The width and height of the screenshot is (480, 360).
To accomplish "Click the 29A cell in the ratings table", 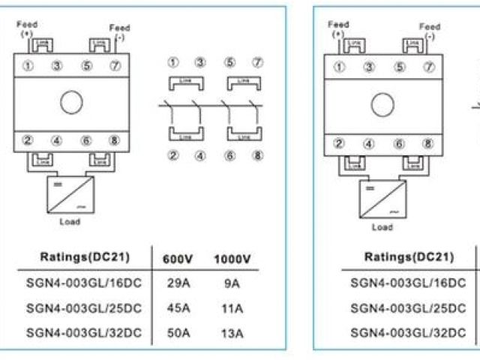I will click(x=178, y=284).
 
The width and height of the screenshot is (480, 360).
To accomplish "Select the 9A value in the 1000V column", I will click(x=232, y=284).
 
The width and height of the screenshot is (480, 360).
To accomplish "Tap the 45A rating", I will click(x=178, y=308).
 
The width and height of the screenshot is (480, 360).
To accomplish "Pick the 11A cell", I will click(x=232, y=308).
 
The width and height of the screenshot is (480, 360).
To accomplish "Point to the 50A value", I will click(x=178, y=333).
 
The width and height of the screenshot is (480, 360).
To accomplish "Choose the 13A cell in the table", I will click(x=232, y=333).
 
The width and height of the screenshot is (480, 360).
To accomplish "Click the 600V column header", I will click(x=178, y=259).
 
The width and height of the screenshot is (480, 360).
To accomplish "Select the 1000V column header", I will click(x=232, y=259).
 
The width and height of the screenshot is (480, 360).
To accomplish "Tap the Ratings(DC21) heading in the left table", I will click(x=84, y=257).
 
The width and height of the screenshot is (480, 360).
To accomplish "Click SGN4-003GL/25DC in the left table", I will click(x=84, y=308).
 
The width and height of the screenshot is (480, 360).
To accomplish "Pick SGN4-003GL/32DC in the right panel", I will click(x=408, y=333).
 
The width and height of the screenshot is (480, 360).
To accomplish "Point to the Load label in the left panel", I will click(x=69, y=221).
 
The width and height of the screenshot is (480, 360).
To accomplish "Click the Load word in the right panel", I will click(x=382, y=226).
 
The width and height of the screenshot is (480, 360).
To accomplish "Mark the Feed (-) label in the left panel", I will click(x=119, y=31).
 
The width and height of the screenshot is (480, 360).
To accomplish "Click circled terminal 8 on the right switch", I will click(x=428, y=144).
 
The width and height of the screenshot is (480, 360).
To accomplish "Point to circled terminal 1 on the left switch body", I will click(x=28, y=64).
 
